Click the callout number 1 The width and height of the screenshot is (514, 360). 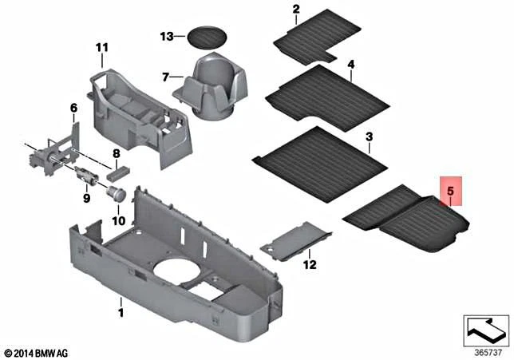121,304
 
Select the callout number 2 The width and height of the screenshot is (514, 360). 295,10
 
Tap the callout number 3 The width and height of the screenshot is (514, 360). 369,137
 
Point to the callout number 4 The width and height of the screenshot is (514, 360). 350,64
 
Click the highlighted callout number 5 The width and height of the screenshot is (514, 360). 450,192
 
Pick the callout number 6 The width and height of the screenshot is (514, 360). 73,108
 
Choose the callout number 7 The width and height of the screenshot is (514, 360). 166,77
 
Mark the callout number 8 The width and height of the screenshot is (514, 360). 116,153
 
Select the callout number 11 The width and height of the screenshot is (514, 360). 101,49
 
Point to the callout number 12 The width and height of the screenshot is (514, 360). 310,264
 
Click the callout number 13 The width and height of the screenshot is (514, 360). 166,37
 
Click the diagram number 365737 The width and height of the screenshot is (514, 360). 487,350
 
